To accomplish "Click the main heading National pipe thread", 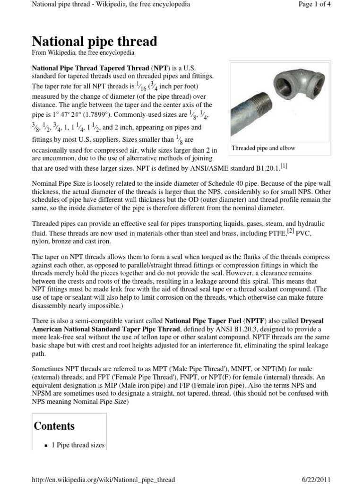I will click(x=94, y=41).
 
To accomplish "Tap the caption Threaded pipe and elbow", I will click(x=263, y=148).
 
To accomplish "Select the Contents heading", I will click(x=54, y=426).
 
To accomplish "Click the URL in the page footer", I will click(x=103, y=479).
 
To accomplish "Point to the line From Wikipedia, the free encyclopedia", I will click(x=83, y=53).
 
